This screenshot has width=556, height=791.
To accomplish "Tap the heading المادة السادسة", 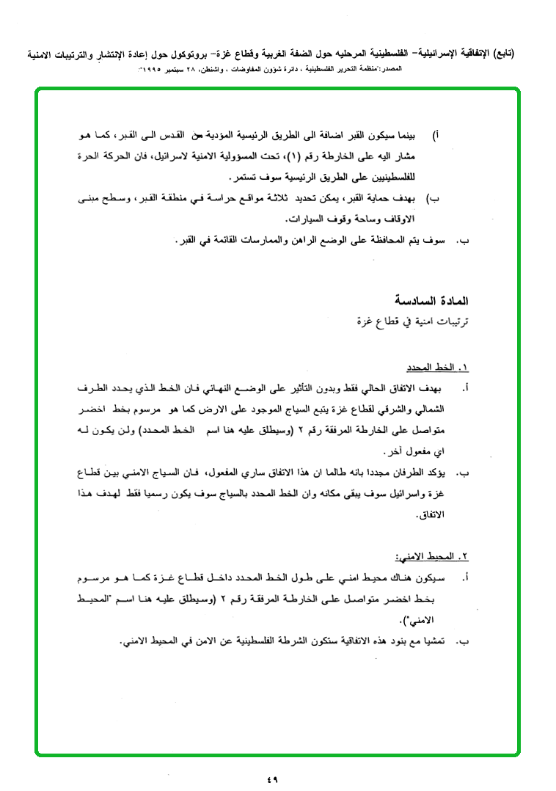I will [432, 301].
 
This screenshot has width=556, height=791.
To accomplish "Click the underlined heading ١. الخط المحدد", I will [438, 367].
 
